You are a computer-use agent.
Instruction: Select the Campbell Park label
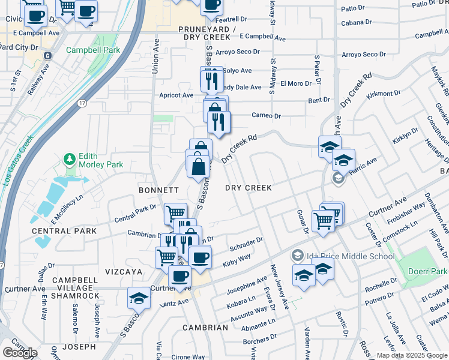[x=89, y=50]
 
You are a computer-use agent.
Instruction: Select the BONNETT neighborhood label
[x=159, y=190]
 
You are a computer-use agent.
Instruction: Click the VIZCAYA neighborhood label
[x=122, y=272]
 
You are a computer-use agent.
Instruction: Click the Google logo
[x=20, y=352]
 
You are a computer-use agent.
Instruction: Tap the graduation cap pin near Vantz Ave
[x=138, y=297]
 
